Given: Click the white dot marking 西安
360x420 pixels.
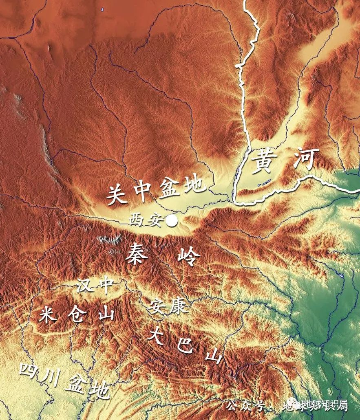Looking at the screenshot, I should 172,221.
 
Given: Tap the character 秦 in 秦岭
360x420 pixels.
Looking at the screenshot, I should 137,254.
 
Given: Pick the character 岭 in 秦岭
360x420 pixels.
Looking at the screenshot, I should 189,257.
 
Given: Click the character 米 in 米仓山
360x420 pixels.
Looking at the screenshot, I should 49,314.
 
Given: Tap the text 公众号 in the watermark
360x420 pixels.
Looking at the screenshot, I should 247,406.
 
